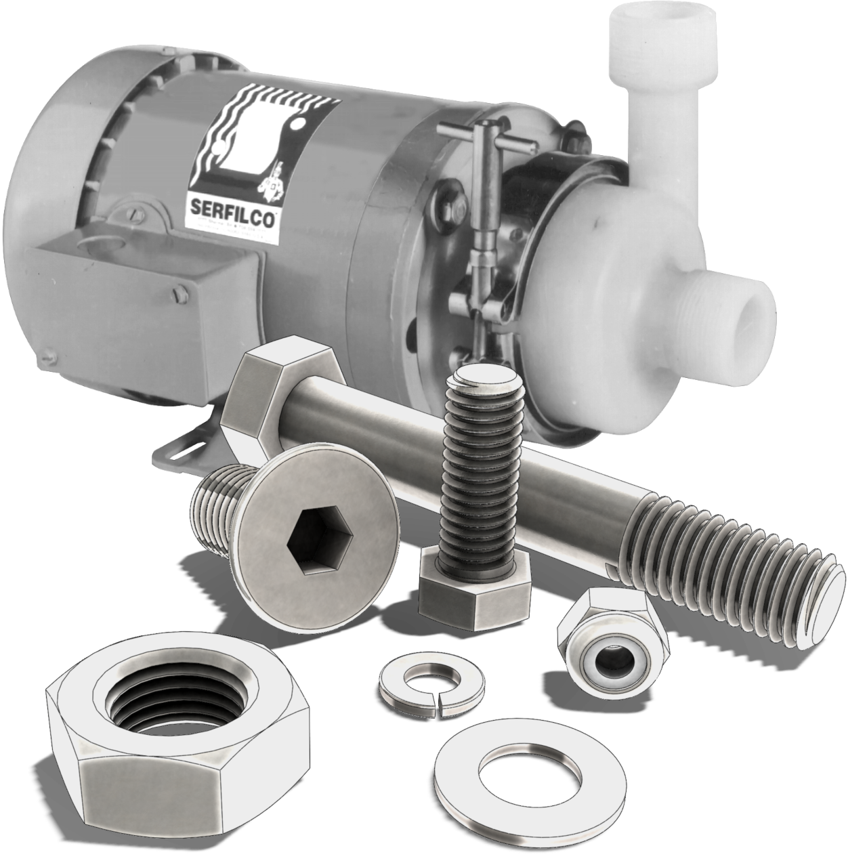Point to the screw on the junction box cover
(x=179, y=293)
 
